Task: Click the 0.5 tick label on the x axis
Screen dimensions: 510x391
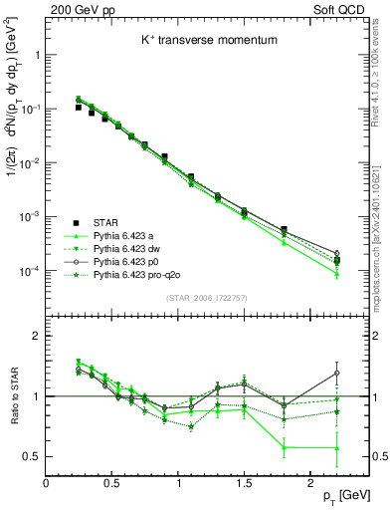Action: point(112,482)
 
